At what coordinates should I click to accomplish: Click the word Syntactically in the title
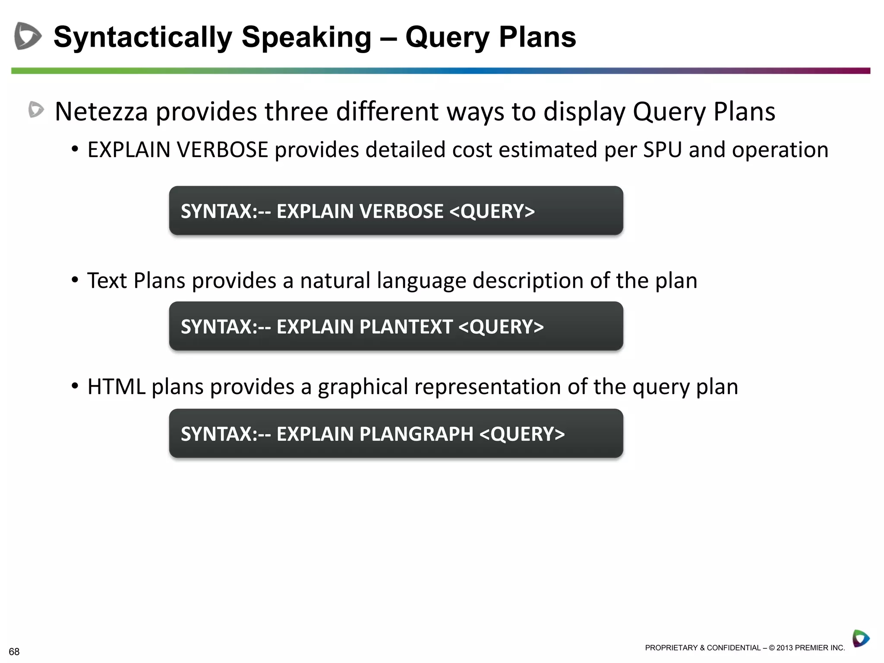(142, 37)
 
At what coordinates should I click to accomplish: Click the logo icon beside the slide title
(28, 36)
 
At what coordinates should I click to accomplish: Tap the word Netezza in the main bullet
(101, 112)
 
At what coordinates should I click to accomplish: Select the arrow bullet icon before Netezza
(36, 110)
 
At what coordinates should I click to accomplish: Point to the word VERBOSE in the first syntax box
(401, 212)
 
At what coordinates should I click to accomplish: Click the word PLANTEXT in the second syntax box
(405, 327)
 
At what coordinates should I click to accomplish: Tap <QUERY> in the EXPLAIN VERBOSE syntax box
(492, 212)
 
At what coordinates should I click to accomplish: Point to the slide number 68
(14, 651)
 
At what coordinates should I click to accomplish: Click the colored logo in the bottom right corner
(860, 638)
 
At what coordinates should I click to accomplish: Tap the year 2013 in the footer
(785, 648)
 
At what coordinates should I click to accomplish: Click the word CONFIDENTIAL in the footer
(734, 648)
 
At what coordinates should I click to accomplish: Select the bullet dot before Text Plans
(75, 280)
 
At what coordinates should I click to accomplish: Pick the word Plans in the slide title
(537, 37)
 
